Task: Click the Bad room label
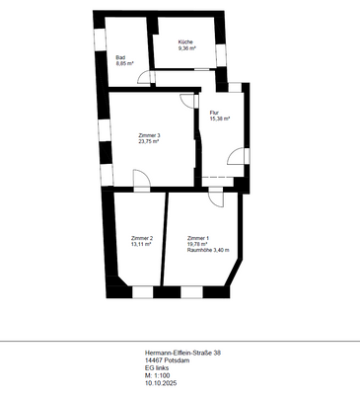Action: tap(119, 57)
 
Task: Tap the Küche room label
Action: tap(185, 41)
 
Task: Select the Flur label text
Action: tap(214, 113)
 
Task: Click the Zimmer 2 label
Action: tap(142, 238)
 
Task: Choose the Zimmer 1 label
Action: tap(198, 238)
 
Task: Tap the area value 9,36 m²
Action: tap(187, 47)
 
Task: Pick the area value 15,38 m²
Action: tap(220, 118)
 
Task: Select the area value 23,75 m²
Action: tap(149, 140)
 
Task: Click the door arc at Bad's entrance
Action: tap(142, 77)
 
